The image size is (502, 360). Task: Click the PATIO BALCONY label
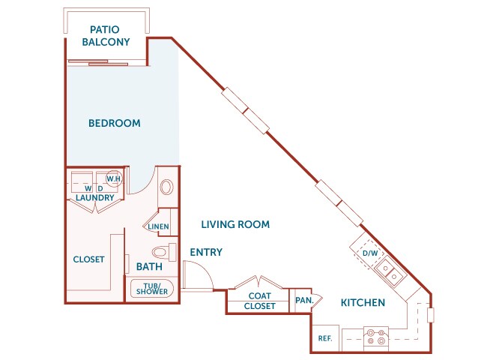coord(106,35)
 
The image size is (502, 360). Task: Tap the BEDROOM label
coord(114,123)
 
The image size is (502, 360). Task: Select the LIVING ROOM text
coord(235,224)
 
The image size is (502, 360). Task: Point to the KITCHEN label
coord(363,303)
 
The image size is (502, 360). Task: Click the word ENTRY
coord(206,253)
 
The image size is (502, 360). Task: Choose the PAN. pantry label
coord(303,301)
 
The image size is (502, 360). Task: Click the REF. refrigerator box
coord(324,338)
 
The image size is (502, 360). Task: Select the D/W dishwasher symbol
coord(370,253)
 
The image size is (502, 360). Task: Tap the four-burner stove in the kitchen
coord(375,338)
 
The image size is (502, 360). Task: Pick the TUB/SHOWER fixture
coord(153,289)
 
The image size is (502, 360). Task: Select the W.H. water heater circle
coord(114,179)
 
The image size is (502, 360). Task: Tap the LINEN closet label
coord(158,226)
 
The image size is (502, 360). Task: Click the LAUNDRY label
coord(94,198)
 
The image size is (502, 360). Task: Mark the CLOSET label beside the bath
coord(88,259)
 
